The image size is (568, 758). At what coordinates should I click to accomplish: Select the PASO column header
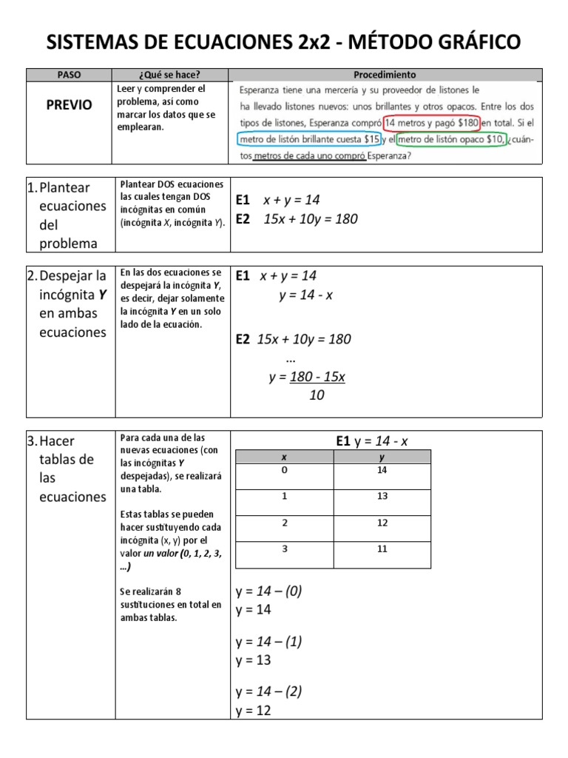click(x=68, y=75)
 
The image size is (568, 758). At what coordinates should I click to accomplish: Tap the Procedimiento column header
click(x=385, y=75)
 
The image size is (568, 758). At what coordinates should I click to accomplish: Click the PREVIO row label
click(x=69, y=105)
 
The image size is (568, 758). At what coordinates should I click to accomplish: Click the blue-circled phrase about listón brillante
click(x=310, y=139)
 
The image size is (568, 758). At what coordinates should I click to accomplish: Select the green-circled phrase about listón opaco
click(x=452, y=139)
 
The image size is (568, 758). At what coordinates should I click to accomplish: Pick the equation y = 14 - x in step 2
click(x=305, y=295)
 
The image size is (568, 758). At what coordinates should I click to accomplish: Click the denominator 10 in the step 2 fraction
click(x=317, y=395)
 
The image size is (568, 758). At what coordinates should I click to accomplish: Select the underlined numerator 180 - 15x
click(x=317, y=377)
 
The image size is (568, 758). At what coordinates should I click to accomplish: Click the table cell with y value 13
click(x=382, y=496)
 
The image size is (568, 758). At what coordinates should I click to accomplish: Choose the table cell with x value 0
click(x=284, y=471)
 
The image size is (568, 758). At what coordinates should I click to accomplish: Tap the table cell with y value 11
click(x=382, y=549)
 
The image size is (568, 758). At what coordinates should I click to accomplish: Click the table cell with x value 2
click(x=284, y=523)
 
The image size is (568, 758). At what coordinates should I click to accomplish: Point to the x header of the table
click(x=284, y=457)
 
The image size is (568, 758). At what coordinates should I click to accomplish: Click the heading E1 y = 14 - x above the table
click(x=371, y=441)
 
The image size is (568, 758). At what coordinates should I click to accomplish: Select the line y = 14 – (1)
click(x=268, y=642)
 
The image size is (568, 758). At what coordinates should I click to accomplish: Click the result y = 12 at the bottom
click(x=254, y=711)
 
